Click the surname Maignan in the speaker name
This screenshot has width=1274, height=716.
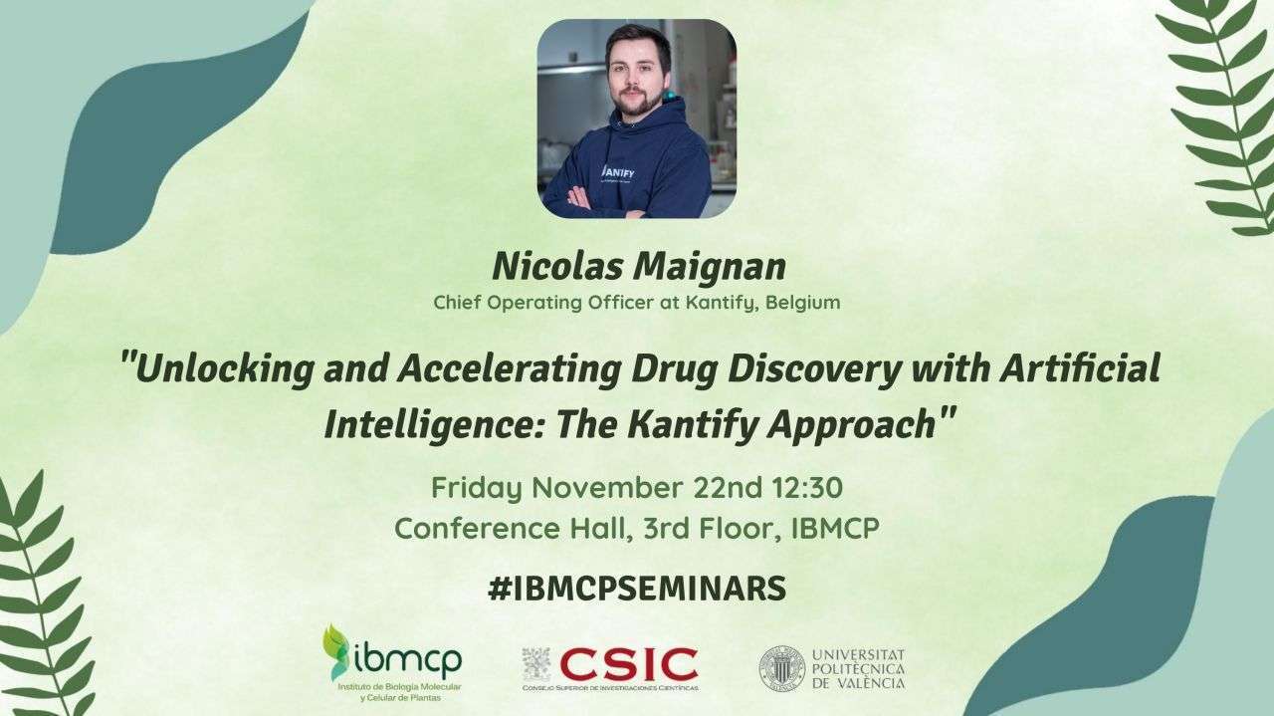pos(711,267)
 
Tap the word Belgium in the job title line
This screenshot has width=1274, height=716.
pos(803,302)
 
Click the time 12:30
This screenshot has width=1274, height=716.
pos(807,488)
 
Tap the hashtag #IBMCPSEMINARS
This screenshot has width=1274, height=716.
pos(637,589)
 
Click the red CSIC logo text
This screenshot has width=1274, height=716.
pos(628,664)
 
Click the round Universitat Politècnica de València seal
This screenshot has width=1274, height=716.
pos(782,669)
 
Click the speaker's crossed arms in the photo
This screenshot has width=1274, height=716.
pos(603,203)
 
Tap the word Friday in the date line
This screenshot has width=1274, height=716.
pos(477,489)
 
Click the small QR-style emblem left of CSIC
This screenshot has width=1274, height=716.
pos(536,664)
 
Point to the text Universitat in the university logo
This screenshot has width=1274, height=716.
pos(858,654)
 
